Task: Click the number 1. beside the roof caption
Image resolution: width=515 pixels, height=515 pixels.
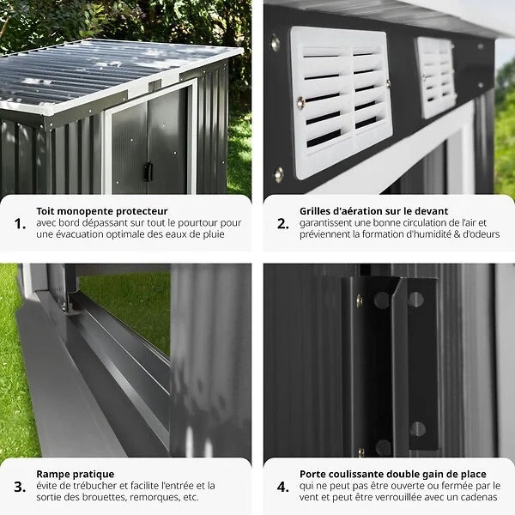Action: pos(20,223)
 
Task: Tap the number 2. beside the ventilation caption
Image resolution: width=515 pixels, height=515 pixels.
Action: pos(282,223)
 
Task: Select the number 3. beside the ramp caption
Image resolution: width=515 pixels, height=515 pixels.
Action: pos(20,486)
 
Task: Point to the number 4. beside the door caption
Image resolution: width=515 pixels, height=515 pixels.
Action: pos(282,486)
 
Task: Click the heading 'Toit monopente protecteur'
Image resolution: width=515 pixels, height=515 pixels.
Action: pos(101,210)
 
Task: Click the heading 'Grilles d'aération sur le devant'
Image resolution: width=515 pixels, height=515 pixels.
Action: pos(373,210)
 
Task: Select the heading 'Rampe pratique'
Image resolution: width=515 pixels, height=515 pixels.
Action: pos(75,474)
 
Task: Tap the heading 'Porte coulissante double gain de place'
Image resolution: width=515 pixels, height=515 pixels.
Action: pos(393,474)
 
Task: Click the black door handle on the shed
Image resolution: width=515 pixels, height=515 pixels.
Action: pos(148,171)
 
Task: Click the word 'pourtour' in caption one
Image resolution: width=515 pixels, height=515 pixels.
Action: pos(185,222)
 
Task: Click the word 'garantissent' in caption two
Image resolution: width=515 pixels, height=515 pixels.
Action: pos(329,222)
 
